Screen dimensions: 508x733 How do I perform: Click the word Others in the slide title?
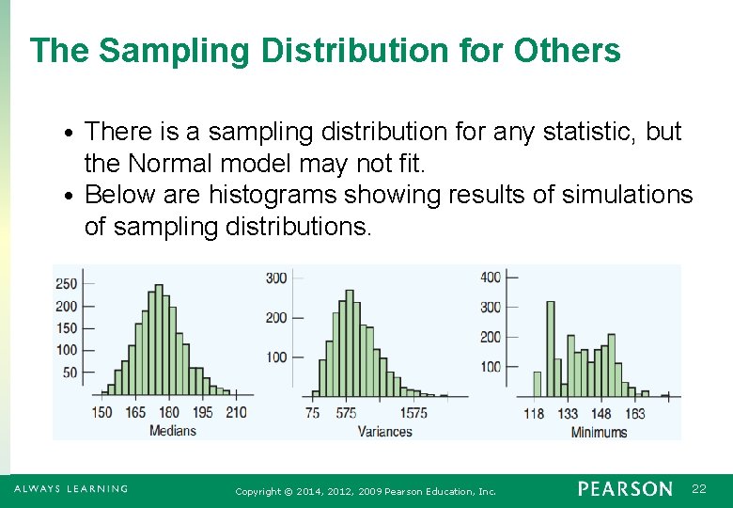[x=568, y=51]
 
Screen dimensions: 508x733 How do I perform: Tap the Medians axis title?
[x=173, y=431]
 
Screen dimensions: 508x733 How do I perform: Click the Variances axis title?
[x=384, y=432]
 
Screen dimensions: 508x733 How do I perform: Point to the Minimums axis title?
[x=599, y=432]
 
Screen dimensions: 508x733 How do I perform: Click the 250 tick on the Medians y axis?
[x=67, y=284]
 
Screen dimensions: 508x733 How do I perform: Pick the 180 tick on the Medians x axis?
[x=169, y=412]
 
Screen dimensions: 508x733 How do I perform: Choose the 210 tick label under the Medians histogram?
[x=236, y=412]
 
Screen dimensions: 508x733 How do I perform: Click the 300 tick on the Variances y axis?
[x=276, y=278]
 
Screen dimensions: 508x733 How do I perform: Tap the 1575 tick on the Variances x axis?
[x=413, y=412]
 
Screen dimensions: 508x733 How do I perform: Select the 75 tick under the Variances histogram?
[x=313, y=412]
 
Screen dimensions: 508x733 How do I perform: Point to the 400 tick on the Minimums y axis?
[x=491, y=277]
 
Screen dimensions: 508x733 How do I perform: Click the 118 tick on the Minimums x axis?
[x=534, y=413]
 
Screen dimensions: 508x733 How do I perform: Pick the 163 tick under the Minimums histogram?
[x=634, y=413]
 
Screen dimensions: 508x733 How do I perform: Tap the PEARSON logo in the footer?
[x=625, y=489]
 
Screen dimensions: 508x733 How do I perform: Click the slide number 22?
[x=698, y=489]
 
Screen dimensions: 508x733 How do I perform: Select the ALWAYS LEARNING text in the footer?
[x=70, y=489]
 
